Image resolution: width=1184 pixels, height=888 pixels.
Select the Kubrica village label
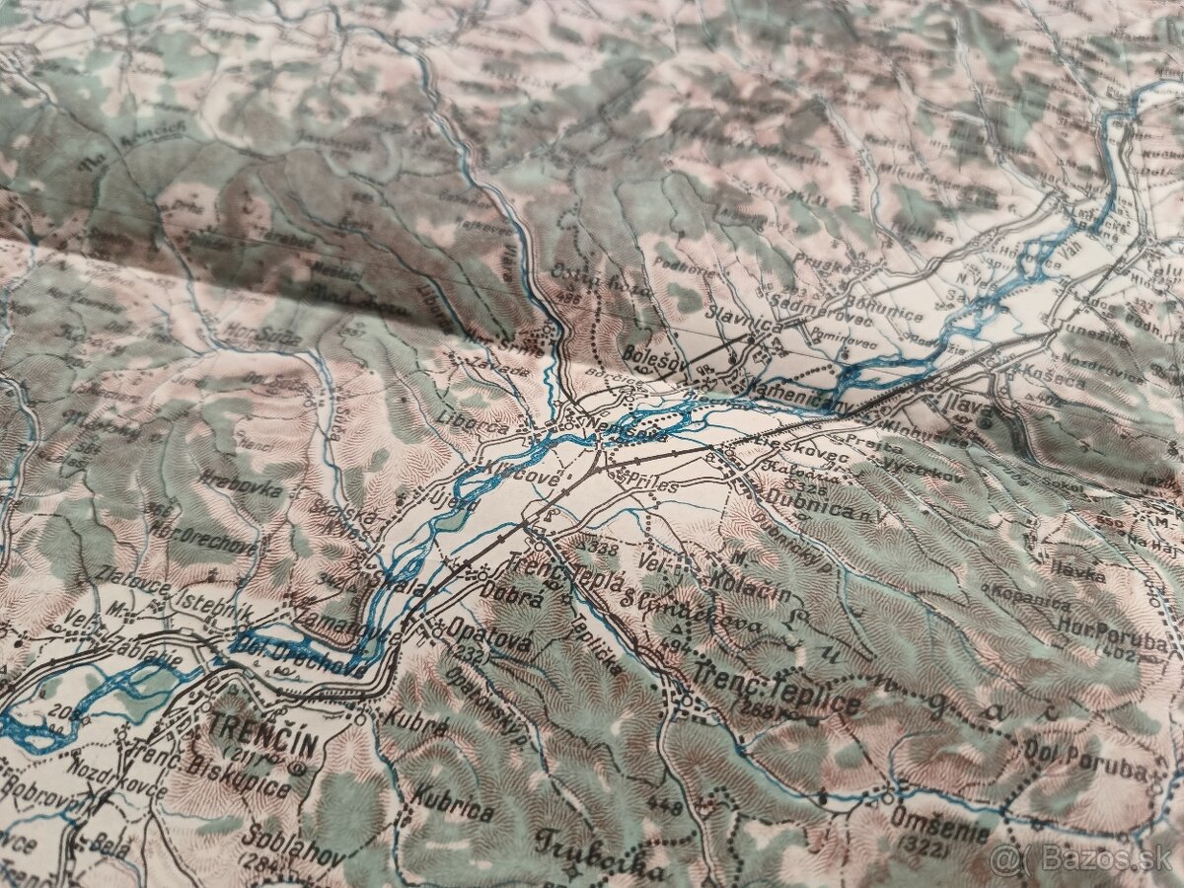point(454,802)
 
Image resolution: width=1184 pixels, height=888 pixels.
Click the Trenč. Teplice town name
point(777,692)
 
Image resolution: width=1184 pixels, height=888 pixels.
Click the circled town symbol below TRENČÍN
point(299,765)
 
